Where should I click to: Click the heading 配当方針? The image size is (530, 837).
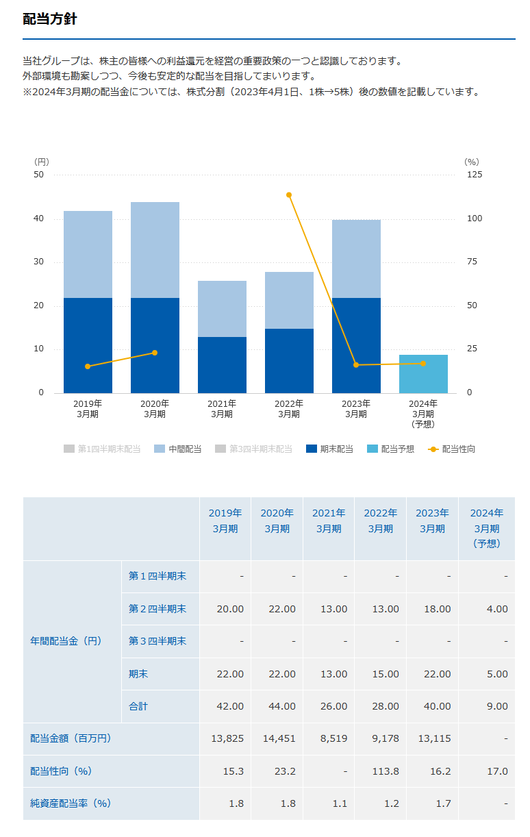50,19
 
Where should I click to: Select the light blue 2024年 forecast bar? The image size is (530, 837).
423,374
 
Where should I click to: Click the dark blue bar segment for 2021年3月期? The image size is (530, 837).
222,364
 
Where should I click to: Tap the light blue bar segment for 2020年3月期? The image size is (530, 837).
155,249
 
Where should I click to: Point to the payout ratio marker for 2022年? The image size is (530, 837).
289,195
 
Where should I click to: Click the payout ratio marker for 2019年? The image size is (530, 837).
88,366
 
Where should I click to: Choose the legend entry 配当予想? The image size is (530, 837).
390,449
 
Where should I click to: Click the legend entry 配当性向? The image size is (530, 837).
452,449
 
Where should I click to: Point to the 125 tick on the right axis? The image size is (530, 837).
474,175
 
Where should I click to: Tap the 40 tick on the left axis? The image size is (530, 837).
39,219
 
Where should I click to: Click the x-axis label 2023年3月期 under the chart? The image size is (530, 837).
356,409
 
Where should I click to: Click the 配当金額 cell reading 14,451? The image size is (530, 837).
279,738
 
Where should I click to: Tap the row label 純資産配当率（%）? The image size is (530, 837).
71,803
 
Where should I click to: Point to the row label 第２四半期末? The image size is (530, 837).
157,609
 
